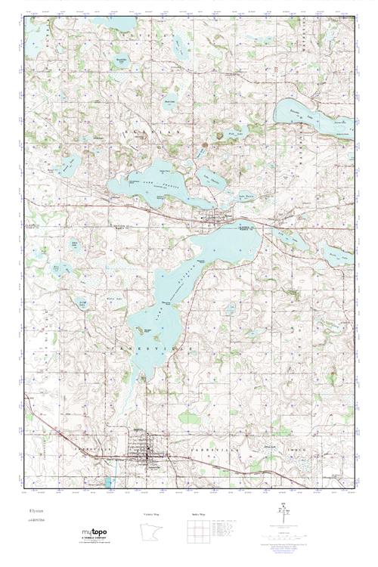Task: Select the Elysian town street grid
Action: click(x=215, y=220)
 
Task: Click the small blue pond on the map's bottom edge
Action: click(x=110, y=482)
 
